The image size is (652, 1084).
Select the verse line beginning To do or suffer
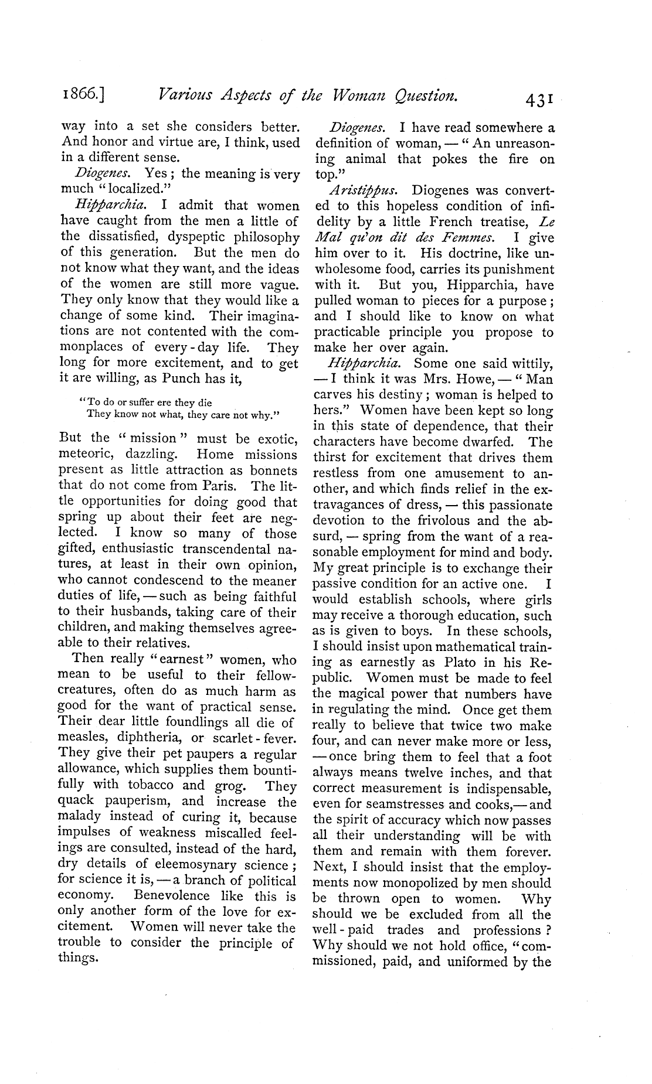pyautogui.click(x=145, y=403)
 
